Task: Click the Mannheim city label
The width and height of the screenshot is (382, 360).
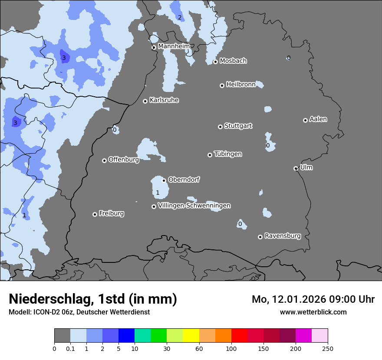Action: tap(174, 46)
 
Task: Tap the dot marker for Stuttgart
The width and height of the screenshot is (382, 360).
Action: tap(220, 127)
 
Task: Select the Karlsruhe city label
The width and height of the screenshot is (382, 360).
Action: tap(164, 100)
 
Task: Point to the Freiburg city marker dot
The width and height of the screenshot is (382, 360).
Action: tap(95, 214)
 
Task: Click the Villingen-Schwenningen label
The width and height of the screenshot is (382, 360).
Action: tap(194, 206)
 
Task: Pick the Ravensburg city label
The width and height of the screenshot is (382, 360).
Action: tap(283, 236)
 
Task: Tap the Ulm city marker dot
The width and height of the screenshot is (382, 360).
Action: tap(296, 168)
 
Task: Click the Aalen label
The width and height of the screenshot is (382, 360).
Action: tap(318, 119)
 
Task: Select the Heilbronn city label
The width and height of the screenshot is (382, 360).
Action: tap(241, 85)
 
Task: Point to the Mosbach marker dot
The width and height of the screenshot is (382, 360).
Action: tap(215, 62)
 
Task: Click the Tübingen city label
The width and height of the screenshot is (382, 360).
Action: tap(228, 154)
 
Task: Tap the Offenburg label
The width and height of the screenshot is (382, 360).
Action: tap(124, 160)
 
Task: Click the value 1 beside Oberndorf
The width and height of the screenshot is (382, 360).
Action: tap(158, 193)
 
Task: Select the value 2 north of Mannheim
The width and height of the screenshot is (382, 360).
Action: tap(179, 17)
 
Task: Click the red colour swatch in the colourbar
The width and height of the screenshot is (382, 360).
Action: tap(239, 336)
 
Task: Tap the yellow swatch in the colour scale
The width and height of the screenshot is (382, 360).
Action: tap(191, 336)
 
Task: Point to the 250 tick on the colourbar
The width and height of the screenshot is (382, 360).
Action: tap(328, 348)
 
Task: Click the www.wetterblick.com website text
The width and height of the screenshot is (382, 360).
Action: tap(313, 312)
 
